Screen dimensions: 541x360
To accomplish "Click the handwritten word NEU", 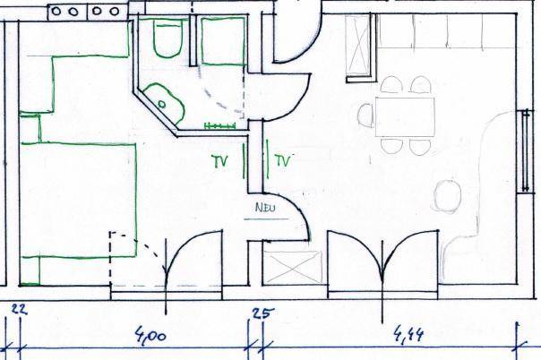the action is [265, 208].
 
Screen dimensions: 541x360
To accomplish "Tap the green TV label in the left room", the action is [219, 161].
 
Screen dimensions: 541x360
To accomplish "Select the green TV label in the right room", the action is [282, 160].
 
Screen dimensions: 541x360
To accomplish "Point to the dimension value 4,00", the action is [150, 335].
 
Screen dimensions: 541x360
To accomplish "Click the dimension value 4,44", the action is [408, 334].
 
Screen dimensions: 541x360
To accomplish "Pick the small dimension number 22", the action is [19, 309].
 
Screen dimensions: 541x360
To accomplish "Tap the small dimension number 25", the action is [263, 313].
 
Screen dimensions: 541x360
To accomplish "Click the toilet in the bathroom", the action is [167, 39].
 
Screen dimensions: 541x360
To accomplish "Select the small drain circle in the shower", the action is [161, 104].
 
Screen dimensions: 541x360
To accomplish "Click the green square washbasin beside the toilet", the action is [223, 41].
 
